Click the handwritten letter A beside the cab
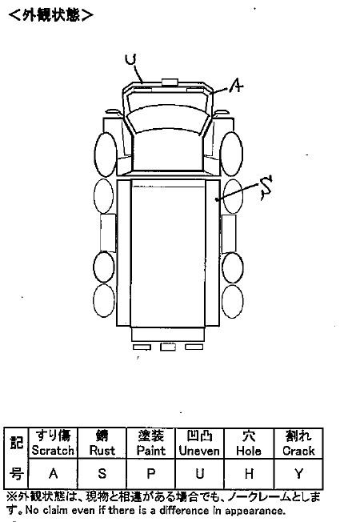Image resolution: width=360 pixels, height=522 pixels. (x=236, y=86)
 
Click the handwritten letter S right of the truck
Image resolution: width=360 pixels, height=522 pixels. (x=266, y=187)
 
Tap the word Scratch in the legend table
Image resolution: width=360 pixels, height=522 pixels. (x=53, y=451)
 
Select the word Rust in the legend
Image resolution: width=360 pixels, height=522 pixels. (x=102, y=451)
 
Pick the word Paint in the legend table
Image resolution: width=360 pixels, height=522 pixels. (x=151, y=451)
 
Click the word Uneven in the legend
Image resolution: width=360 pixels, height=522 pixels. (x=199, y=451)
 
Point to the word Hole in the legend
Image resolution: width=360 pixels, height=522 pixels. (x=249, y=451)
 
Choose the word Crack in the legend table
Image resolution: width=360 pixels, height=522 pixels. (x=298, y=451)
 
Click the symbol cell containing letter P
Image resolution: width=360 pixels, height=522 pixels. (x=151, y=473)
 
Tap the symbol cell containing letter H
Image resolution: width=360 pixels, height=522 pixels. (x=249, y=473)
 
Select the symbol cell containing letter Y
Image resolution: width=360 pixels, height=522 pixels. (x=298, y=473)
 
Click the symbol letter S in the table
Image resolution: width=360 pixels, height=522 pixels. (x=102, y=473)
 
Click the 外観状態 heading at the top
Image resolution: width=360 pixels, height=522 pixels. (x=51, y=15)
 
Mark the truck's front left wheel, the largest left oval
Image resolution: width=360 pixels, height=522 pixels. (x=106, y=155)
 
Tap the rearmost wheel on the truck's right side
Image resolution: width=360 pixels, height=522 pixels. (x=233, y=301)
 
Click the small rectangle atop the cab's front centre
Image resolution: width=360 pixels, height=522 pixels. (x=170, y=82)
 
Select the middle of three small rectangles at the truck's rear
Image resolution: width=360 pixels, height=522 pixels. (x=168, y=347)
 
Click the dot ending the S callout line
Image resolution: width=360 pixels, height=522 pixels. (x=217, y=199)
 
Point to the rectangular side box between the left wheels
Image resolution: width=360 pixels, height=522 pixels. (x=108, y=233)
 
